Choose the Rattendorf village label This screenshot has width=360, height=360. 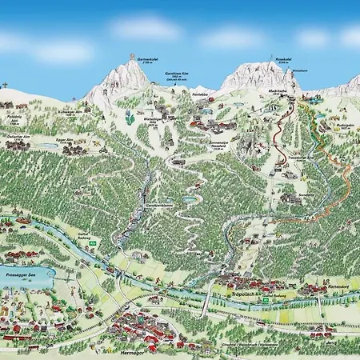(338, 285)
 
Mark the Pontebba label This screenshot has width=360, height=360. (201, 93)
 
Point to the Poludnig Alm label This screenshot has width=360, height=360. (14, 117)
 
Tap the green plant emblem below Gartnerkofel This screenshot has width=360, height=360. (128, 118)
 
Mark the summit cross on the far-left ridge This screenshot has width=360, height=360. (5, 84)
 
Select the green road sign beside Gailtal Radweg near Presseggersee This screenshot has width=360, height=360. (93, 243)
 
